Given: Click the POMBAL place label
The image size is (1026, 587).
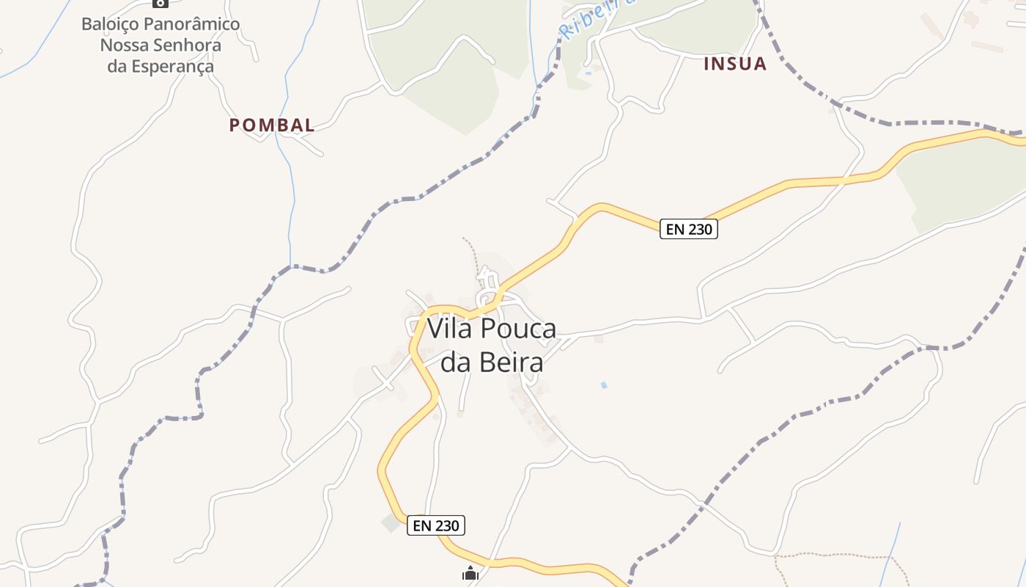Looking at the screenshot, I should pos(272,125).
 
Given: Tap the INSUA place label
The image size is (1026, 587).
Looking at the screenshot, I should pos(735,64).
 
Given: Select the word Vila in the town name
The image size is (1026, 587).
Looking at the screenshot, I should pos(449,329).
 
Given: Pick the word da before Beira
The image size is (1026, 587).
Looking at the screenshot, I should pos(455,362).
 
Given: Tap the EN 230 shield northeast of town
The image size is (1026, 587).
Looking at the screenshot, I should pos(689,229).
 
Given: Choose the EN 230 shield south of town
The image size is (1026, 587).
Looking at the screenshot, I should pos(436,525).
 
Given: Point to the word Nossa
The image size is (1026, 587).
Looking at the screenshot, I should pos(124,45).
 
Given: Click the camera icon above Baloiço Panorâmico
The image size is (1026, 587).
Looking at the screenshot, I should pos(160,3).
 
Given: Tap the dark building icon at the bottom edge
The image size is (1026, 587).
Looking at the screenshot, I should pos(470,574).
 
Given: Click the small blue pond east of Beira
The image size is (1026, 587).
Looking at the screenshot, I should pos(604,384).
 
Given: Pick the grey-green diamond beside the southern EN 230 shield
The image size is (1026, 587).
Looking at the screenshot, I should pos(391,523).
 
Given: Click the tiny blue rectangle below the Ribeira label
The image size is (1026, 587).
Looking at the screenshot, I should pos(588,73).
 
